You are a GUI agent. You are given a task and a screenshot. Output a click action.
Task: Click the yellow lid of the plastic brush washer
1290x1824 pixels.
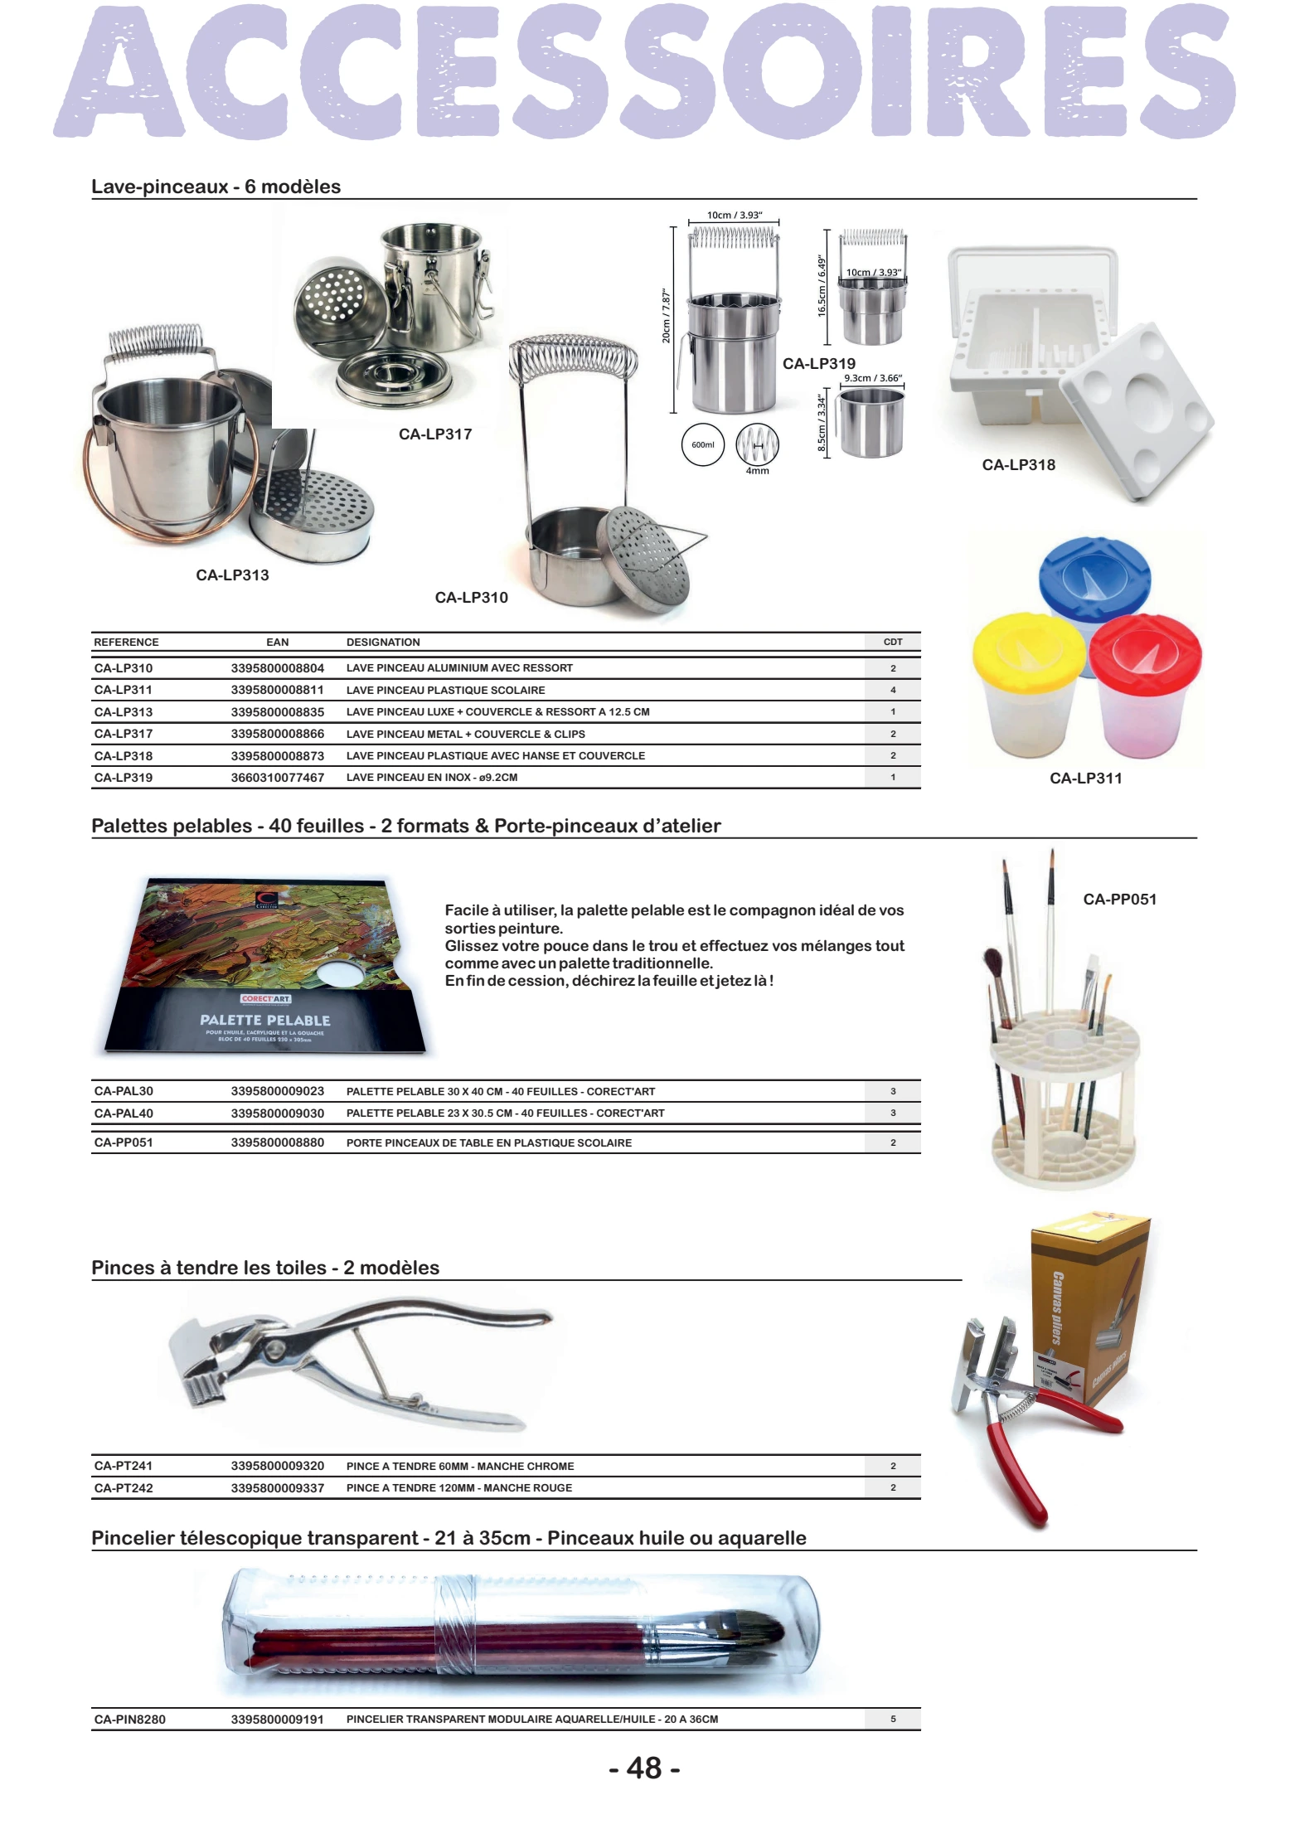pyautogui.click(x=1028, y=646)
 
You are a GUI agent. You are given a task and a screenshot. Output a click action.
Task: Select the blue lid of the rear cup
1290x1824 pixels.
pyautogui.click(x=1094, y=572)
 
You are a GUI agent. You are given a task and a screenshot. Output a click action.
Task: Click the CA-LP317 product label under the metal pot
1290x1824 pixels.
pyautogui.click(x=435, y=434)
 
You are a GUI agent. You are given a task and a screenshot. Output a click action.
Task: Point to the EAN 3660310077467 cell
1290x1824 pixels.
pyautogui.click(x=277, y=778)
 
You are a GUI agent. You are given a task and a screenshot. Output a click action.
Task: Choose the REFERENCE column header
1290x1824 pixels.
pyautogui.click(x=126, y=643)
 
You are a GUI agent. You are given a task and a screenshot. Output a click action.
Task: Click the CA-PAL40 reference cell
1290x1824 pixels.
pyautogui.click(x=124, y=1113)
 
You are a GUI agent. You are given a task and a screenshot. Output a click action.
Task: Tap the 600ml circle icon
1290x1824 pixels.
pyautogui.click(x=702, y=445)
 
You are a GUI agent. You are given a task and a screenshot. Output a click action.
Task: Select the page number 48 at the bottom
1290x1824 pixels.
pyautogui.click(x=644, y=1768)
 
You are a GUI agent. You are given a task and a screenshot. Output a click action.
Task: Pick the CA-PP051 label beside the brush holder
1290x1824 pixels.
pyautogui.click(x=1119, y=900)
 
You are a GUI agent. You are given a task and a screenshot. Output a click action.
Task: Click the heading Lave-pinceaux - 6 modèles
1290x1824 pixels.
pyautogui.click(x=216, y=187)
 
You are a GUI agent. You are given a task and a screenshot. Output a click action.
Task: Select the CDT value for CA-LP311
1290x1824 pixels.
pyautogui.click(x=893, y=690)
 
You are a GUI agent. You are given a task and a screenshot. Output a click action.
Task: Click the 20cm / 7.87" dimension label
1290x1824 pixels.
pyautogui.click(x=666, y=316)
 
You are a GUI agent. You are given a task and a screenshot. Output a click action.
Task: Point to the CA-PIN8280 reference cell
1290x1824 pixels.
pyautogui.click(x=129, y=1720)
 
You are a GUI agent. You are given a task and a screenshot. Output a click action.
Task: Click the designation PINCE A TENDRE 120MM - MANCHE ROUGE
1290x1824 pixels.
pyautogui.click(x=459, y=1488)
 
